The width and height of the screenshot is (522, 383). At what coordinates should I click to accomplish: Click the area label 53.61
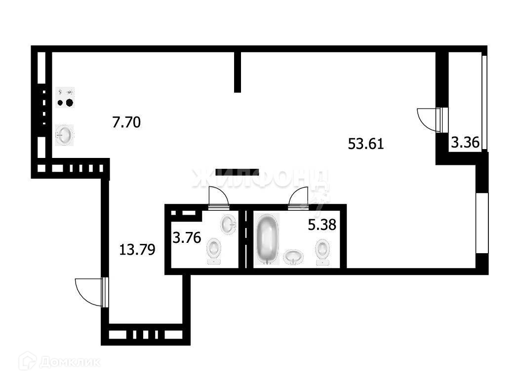(366, 144)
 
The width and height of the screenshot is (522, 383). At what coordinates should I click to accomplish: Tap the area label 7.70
(126, 121)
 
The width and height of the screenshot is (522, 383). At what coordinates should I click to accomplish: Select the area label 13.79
(138, 249)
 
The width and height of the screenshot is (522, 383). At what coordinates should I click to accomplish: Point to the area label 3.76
(186, 238)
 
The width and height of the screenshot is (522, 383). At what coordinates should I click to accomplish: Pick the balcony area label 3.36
(465, 143)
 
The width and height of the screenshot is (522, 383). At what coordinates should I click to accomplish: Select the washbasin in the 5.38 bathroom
(294, 257)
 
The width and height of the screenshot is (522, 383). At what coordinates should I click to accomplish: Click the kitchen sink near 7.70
(64, 135)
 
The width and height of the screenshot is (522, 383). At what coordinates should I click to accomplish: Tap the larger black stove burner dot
(69, 103)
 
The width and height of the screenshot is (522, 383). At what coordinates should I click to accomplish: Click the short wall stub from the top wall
(238, 72)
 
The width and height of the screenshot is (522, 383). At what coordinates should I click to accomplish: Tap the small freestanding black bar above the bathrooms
(237, 172)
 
